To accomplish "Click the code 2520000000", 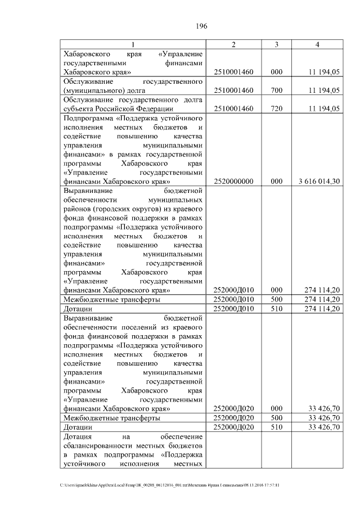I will click(x=233, y=182).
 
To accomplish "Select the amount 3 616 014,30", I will click(x=319, y=182).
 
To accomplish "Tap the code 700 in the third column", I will click(x=277, y=90).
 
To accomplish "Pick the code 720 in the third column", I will click(x=277, y=108).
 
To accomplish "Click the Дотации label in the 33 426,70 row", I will click(x=78, y=427).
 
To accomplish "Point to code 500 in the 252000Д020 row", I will click(x=277, y=418).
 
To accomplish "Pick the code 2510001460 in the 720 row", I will click(x=233, y=108).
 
